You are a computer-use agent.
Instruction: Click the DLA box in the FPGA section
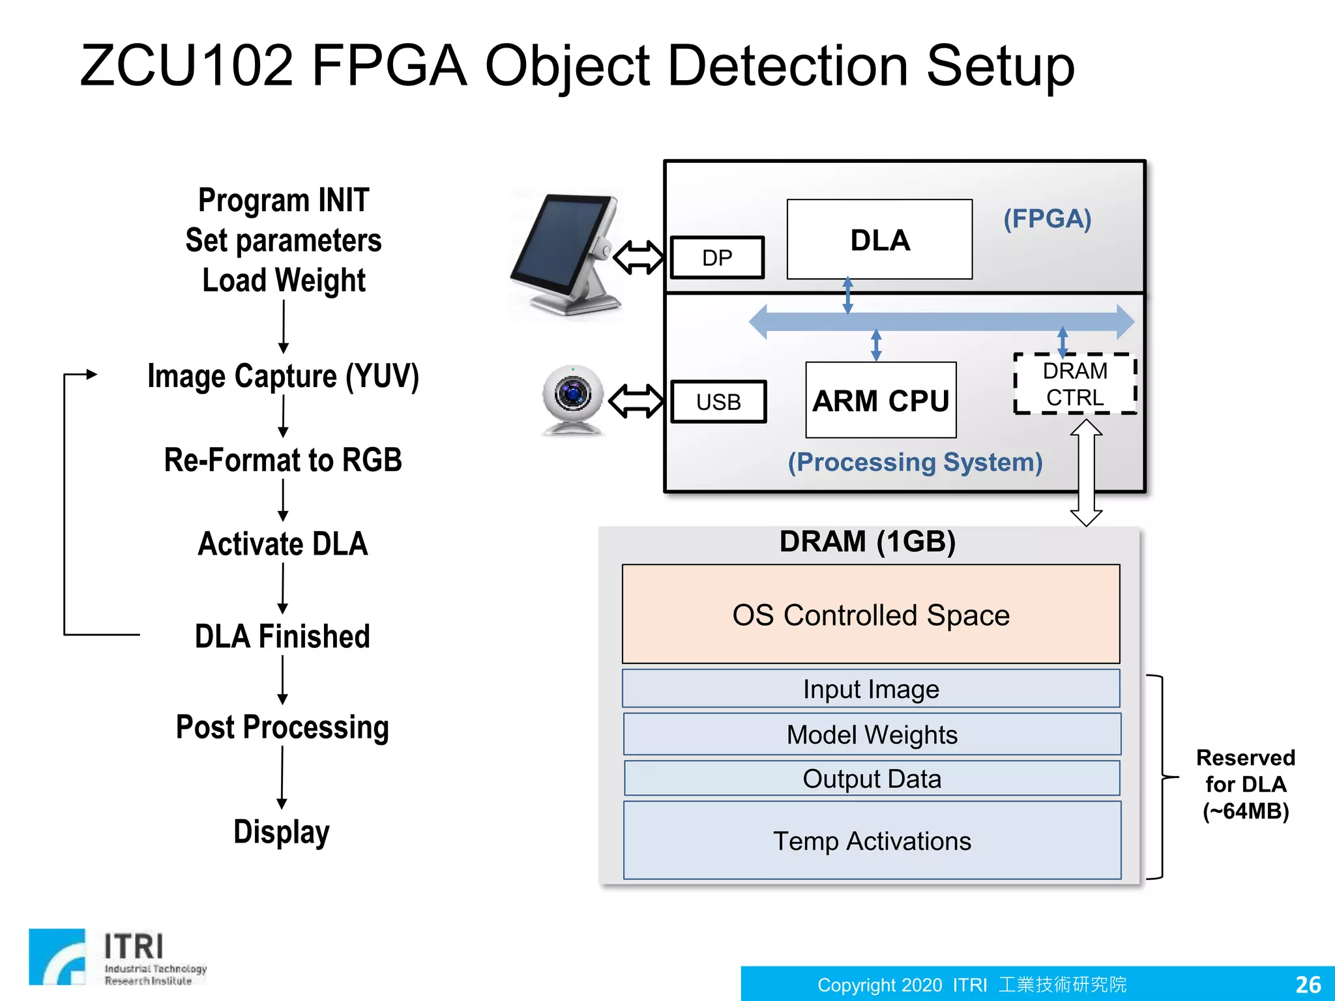879,240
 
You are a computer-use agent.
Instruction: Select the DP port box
717,258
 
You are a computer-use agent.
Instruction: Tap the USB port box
718,402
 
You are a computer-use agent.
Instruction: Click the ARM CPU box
881,400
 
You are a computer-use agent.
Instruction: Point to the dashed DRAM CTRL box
1075,384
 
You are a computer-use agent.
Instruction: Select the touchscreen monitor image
566,255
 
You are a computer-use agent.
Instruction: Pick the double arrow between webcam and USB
636,401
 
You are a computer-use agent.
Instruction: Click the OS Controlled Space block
871,615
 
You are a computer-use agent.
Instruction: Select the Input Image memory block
871,689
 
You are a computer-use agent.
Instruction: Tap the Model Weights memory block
872,734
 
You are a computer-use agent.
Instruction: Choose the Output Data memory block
872,779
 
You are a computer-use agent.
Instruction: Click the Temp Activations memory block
872,841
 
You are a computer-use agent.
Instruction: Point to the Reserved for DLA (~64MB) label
1245,784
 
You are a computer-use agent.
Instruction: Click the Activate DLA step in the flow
283,544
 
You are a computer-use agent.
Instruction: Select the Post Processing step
282,727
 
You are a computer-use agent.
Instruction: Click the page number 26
1308,984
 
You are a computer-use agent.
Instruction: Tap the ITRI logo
117,957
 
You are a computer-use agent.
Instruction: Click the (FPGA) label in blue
1047,219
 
